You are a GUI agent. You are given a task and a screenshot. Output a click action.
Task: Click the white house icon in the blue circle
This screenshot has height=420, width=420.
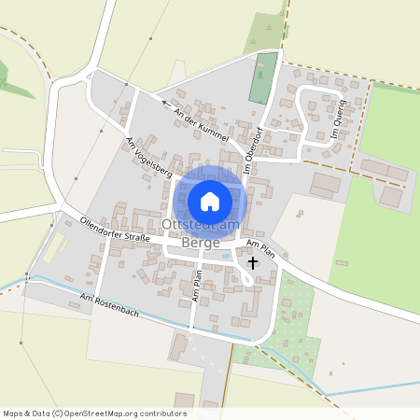coord(210,201)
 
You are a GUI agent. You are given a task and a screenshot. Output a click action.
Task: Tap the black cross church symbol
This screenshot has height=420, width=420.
coord(252,264)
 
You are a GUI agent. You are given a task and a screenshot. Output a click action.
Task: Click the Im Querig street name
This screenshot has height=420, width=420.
coord(338,119)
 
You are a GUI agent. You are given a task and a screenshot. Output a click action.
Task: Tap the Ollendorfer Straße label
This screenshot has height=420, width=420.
coord(116,231)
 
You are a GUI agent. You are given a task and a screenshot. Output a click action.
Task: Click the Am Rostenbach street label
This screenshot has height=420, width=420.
coord(109,304)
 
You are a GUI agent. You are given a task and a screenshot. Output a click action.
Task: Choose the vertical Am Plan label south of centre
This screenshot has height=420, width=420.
coord(197,284)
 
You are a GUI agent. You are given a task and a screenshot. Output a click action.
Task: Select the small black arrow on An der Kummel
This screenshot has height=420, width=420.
coord(163,103)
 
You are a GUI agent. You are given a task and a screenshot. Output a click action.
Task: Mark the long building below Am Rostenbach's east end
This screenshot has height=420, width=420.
coord(177,347)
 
